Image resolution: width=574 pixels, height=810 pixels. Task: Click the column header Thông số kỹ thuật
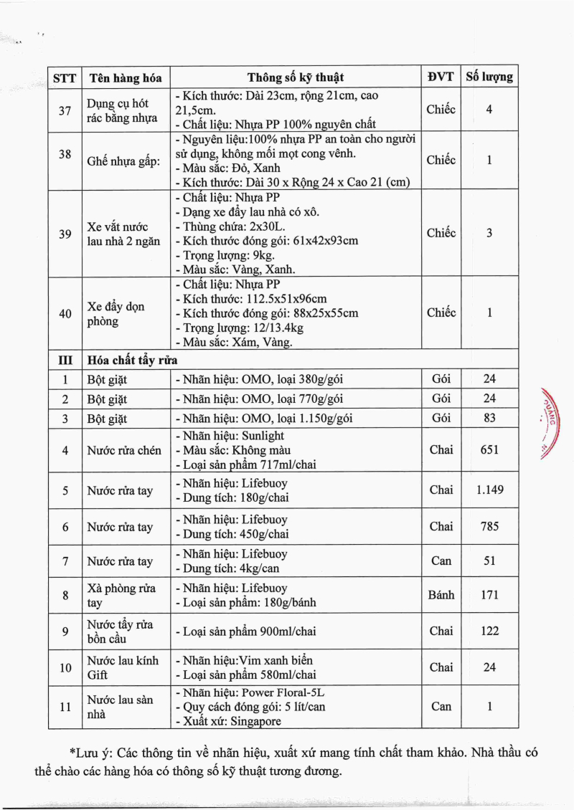[x=296, y=77]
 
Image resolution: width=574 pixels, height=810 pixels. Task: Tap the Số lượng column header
[x=489, y=77]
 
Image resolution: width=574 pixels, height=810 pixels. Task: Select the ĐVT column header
[x=441, y=77]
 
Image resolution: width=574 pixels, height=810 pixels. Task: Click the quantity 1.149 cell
[x=489, y=490]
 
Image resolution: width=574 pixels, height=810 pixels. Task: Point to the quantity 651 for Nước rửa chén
[x=489, y=449]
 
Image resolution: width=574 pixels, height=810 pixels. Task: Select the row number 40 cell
[x=65, y=314]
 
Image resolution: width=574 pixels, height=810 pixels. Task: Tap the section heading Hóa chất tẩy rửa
[x=132, y=359]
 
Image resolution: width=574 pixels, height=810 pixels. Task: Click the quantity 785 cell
[x=489, y=527]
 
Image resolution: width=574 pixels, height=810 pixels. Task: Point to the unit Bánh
[x=441, y=595]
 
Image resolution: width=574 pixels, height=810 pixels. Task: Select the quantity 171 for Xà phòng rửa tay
[x=489, y=595]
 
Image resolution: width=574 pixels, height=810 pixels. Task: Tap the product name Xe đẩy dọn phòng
[x=116, y=314]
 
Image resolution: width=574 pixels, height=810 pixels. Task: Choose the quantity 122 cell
[x=489, y=632]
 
